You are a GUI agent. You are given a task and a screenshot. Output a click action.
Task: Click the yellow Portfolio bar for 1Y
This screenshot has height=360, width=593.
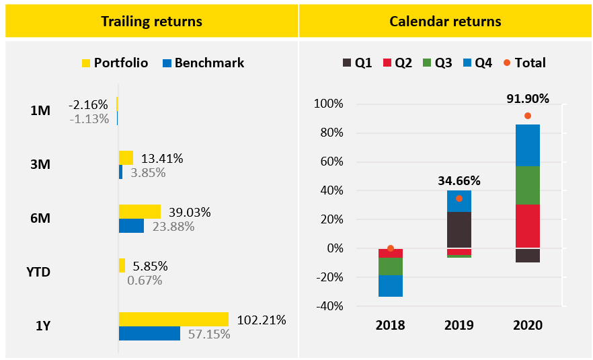point(173,319)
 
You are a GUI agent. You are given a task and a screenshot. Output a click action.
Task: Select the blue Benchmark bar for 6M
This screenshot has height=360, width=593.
point(131,226)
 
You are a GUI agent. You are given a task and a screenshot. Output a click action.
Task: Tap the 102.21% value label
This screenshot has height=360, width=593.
point(262,320)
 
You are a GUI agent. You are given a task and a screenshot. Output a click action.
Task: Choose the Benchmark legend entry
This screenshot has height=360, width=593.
point(202,63)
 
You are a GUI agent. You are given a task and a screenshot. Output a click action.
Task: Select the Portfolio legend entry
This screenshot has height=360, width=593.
point(111,63)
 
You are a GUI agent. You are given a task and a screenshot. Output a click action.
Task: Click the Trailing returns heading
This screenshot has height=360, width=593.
point(151,22)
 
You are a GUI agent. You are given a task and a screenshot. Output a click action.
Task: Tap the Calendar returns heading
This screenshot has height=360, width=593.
point(445,22)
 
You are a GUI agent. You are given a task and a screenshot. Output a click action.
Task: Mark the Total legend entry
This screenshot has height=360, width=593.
point(524,63)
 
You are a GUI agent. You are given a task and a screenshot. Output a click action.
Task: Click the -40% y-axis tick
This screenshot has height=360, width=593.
point(327,306)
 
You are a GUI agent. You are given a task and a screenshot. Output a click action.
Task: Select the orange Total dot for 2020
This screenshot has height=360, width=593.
point(528,116)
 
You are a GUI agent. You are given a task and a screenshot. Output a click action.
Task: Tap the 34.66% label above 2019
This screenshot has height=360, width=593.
point(459,180)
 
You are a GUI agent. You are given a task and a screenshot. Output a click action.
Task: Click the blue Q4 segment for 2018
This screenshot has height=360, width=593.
point(391,286)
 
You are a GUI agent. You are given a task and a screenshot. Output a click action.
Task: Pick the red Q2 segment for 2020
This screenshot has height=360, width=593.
point(528,226)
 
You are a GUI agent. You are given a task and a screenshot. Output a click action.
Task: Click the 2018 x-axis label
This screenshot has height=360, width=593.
point(391,326)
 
